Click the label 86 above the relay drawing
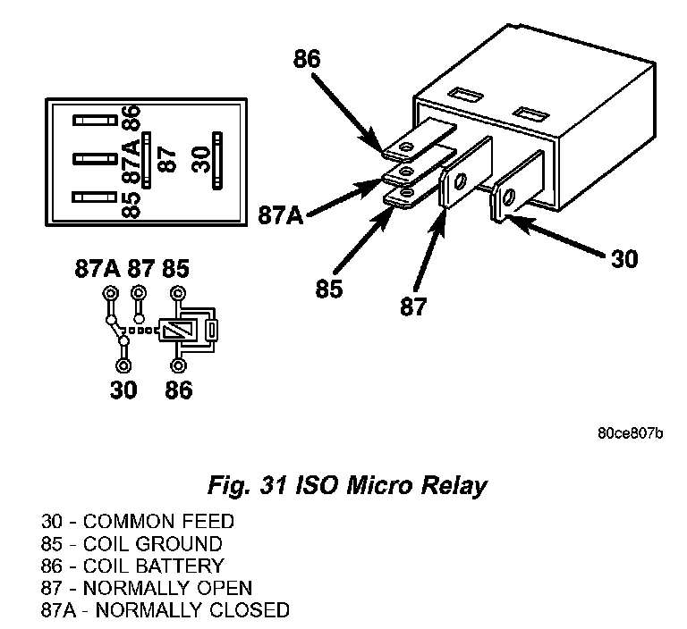click(x=307, y=59)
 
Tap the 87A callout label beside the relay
click(x=280, y=215)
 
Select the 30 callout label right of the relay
click(x=624, y=259)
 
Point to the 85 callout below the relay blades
click(x=329, y=289)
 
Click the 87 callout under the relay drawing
click(x=413, y=306)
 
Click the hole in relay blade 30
click(x=508, y=197)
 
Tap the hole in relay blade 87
click(x=460, y=180)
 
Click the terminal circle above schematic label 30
click(x=123, y=365)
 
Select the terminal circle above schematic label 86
click(x=178, y=365)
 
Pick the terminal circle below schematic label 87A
click(x=110, y=292)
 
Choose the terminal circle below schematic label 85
click(x=177, y=292)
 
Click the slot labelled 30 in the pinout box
click(x=216, y=161)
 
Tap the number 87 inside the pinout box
click(x=168, y=160)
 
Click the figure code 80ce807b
click(x=631, y=433)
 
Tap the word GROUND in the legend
click(x=179, y=544)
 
